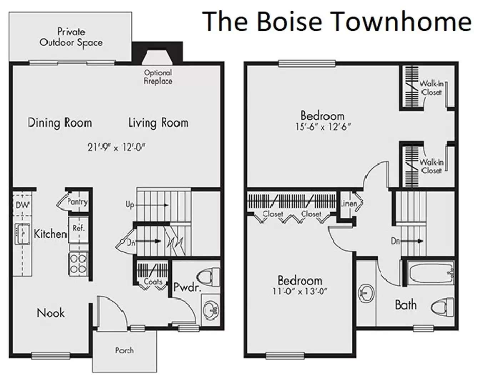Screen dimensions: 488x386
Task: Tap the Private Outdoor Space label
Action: click(x=71, y=37)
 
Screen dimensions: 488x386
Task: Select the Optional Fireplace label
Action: click(x=158, y=77)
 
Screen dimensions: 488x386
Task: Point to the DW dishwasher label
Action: click(x=23, y=205)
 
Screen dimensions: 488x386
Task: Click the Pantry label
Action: click(x=77, y=202)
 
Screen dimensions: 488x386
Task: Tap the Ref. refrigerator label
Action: click(x=79, y=228)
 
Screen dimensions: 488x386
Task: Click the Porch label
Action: click(x=124, y=350)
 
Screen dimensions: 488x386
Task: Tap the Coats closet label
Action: click(x=153, y=282)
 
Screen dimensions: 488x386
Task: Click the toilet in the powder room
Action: click(x=208, y=277)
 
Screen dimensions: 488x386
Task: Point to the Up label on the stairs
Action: click(x=130, y=205)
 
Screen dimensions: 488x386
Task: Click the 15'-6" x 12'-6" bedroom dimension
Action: click(x=323, y=127)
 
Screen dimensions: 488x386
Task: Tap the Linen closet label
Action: click(x=349, y=203)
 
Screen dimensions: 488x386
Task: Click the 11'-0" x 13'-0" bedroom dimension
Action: click(x=300, y=291)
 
